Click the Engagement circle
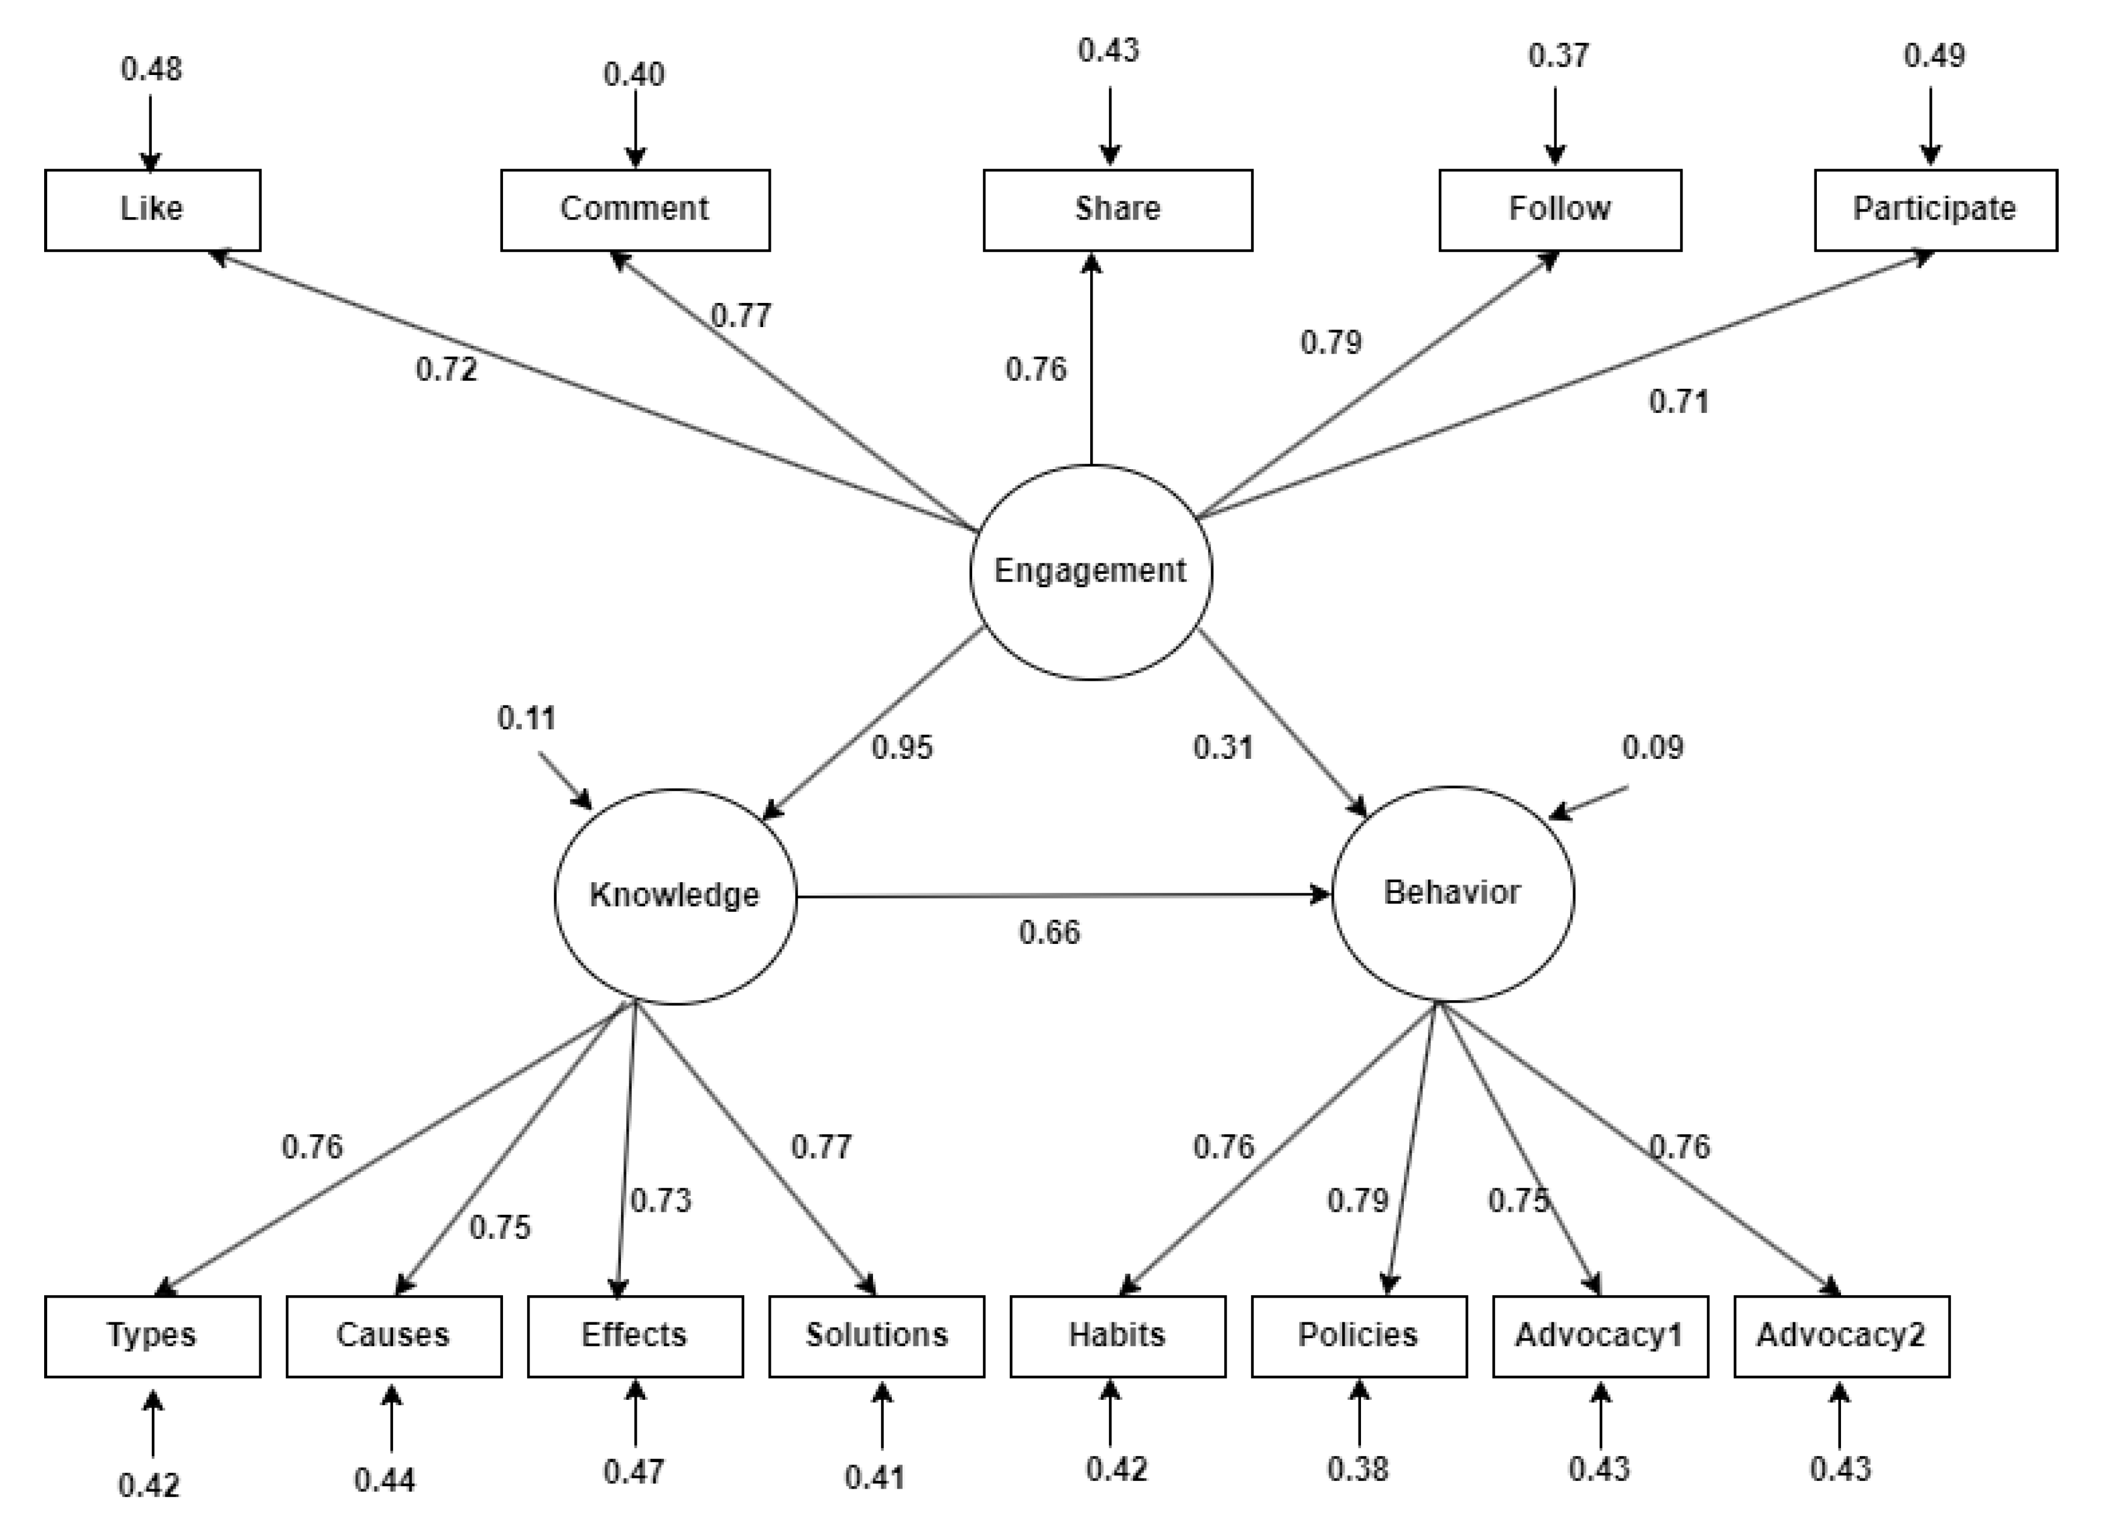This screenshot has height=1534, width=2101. click(1090, 571)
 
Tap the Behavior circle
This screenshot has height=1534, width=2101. click(1452, 893)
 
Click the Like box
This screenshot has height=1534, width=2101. click(152, 210)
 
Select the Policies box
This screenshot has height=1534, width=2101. click(1359, 1335)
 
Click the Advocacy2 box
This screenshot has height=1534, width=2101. click(1841, 1335)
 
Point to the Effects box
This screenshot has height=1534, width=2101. click(635, 1335)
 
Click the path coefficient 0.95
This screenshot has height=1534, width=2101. click(901, 747)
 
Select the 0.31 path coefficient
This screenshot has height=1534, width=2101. click(1223, 747)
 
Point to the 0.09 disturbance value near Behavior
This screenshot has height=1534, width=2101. click(1652, 747)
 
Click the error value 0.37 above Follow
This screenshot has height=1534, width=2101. click(1558, 56)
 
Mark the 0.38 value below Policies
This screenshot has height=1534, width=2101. click(1357, 1469)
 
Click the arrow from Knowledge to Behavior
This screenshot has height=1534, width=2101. click(1063, 896)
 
